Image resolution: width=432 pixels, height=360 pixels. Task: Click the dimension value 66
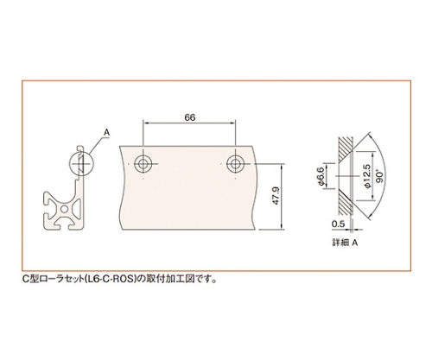189,117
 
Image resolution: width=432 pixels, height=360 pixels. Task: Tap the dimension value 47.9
276,196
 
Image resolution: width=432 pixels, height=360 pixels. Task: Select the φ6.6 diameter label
321,176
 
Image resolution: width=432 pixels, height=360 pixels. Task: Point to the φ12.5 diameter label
367,175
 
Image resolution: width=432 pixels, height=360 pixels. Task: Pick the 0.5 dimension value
338,224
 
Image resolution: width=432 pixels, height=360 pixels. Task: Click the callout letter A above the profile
106,132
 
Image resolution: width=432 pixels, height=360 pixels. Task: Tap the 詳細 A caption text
345,243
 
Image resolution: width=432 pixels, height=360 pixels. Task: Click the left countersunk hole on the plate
143,164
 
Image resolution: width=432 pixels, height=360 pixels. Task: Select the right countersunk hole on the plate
235,164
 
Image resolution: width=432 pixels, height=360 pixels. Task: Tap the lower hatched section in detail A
345,203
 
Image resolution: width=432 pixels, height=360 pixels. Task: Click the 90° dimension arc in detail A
386,175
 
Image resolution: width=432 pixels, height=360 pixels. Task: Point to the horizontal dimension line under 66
189,123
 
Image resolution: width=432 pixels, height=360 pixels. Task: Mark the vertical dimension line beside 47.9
282,197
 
